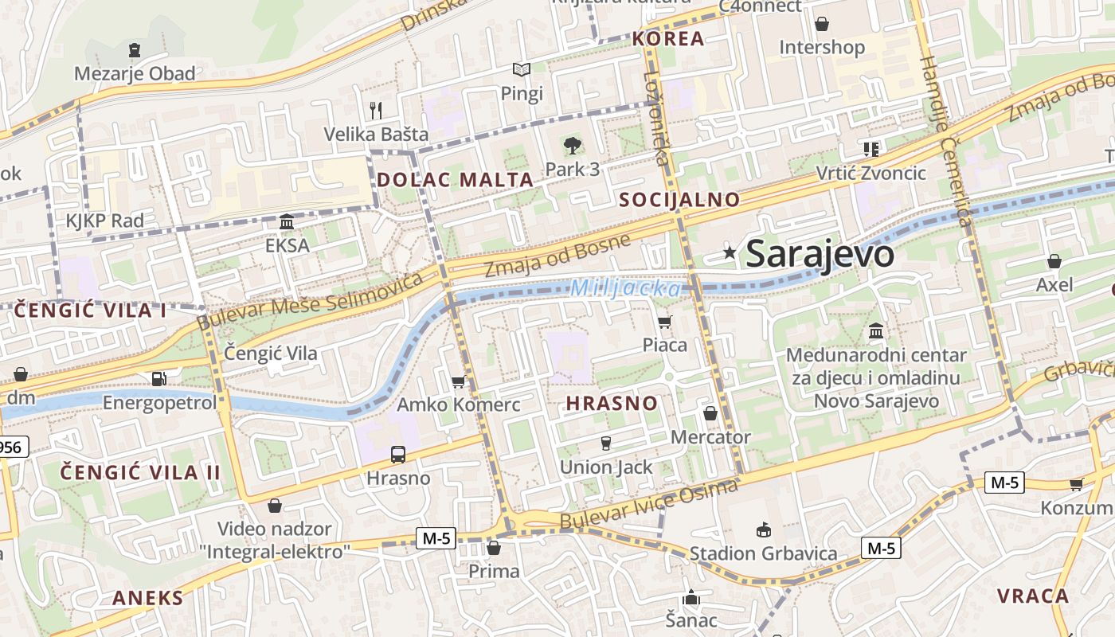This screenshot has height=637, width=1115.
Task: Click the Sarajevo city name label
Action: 820,254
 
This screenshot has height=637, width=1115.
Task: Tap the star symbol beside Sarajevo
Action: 730,253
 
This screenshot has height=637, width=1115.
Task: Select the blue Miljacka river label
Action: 625,288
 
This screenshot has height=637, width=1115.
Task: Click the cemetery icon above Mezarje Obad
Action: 135,50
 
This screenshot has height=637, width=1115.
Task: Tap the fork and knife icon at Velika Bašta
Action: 376,110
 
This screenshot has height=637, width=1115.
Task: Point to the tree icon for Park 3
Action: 572,145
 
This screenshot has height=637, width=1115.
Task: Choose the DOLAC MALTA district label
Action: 455,180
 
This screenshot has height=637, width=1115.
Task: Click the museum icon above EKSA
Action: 287,221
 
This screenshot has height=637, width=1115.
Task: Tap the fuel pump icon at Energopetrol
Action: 159,378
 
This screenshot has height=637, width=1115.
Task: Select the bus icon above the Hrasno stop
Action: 397,455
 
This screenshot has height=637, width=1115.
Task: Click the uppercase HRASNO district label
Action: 612,404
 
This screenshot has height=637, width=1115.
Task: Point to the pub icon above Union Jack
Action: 605,444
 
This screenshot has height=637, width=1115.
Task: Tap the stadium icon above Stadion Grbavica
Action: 763,530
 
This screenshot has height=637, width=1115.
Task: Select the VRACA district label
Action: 1033,596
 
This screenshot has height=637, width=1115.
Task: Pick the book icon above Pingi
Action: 522,70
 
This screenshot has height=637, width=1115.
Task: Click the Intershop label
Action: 821,48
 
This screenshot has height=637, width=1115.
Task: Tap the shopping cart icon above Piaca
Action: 664,322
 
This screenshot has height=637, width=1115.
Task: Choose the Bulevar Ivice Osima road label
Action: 648,505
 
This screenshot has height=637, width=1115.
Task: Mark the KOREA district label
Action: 668,39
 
